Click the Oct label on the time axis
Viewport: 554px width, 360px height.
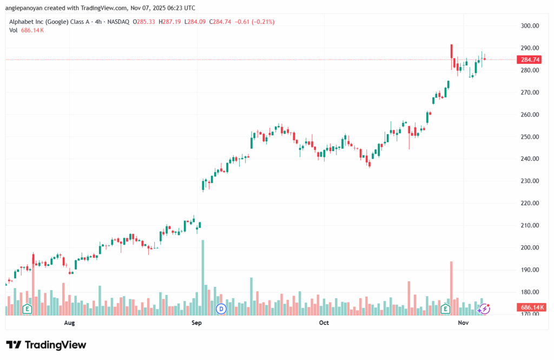click(x=324, y=323)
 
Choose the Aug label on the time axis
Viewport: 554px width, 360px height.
click(x=69, y=323)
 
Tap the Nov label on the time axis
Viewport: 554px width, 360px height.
click(x=463, y=323)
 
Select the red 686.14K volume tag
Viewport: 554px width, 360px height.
click(x=532, y=307)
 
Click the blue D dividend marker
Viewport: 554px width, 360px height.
click(x=221, y=309)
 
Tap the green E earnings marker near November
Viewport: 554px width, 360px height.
click(x=445, y=309)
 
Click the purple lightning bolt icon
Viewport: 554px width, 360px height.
click(x=485, y=309)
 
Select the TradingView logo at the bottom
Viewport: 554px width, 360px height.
click(x=46, y=345)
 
